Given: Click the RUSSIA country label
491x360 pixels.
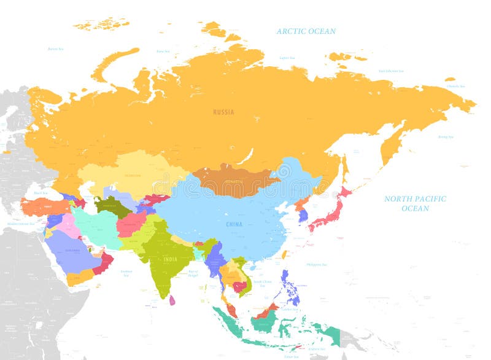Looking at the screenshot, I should (223, 112).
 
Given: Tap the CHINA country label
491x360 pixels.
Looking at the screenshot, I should (233, 224).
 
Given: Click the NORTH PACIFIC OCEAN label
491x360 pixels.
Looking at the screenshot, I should (415, 203).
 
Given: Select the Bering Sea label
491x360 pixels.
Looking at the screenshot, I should (445, 136).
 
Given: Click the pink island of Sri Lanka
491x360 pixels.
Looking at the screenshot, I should (172, 300).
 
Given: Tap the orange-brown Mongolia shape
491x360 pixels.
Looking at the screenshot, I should (233, 179).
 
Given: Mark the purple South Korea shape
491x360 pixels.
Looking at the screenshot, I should (303, 215).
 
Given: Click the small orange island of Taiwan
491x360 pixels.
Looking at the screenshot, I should (284, 254).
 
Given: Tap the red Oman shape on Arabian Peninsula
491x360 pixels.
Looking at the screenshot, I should (104, 262).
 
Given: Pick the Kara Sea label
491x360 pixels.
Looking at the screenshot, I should (163, 52).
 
